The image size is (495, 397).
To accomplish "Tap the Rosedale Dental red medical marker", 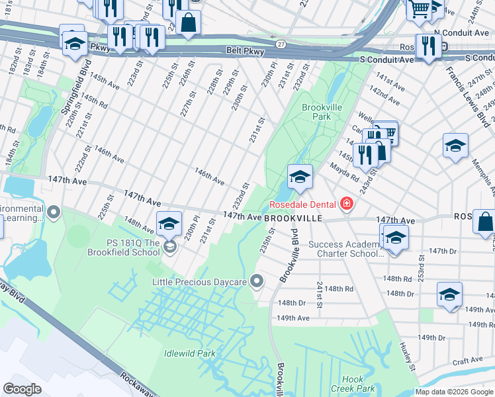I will coord(345,204).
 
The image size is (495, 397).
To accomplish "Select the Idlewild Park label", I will coord(190,353).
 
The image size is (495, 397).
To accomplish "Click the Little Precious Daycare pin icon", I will coord(257,283).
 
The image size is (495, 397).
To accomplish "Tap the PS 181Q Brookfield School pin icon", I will coord(170,247).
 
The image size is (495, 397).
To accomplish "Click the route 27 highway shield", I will coord(281,44).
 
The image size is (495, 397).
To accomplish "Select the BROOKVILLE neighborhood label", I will coord(293,218).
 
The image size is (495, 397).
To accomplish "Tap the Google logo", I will coord(22,388).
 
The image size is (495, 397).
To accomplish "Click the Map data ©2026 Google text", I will coord(454,392).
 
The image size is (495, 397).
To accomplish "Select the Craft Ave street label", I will coord(467,359).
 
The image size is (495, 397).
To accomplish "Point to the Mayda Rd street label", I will coord(345,178).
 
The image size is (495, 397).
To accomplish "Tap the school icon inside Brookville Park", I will coord(300,177).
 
